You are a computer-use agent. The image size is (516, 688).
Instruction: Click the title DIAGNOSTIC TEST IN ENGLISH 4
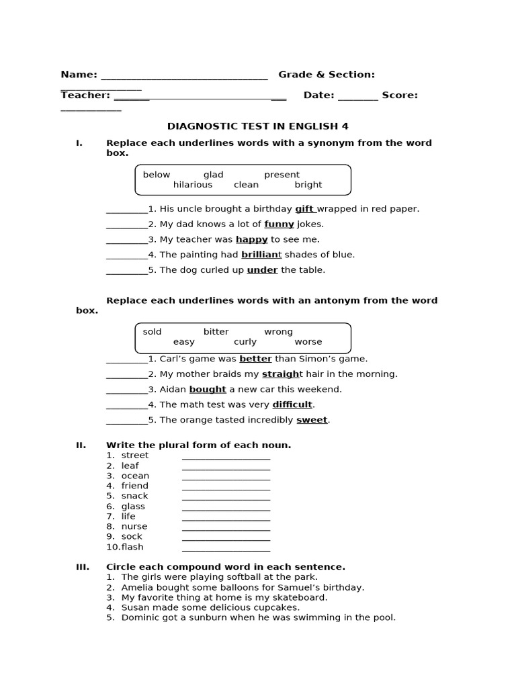coord(257,126)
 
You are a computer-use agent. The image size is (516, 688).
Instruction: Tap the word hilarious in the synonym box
coord(192,185)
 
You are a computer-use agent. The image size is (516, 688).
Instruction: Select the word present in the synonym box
coord(282,175)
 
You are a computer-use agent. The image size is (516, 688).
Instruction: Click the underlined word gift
coord(304,209)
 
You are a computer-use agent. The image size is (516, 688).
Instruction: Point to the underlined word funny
coord(279,224)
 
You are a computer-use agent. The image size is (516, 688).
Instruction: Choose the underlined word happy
coord(251,239)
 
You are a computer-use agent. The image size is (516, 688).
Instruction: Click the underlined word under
coord(262,270)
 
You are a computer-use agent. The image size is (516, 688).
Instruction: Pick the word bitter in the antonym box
coord(216,332)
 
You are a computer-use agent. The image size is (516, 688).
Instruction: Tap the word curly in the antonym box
coord(245,342)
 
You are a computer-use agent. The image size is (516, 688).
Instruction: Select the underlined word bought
coord(208,390)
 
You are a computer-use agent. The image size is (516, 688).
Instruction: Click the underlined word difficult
coord(292,404)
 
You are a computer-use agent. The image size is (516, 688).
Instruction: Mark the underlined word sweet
coord(312,420)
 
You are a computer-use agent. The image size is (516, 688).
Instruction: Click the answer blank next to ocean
coord(226,476)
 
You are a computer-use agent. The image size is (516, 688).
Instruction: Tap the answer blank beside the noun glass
coord(226,507)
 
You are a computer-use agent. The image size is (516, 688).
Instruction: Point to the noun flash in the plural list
coord(132,547)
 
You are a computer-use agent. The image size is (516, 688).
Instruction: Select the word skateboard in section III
coord(302,597)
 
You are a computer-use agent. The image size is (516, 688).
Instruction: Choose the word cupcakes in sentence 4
coord(276,607)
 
